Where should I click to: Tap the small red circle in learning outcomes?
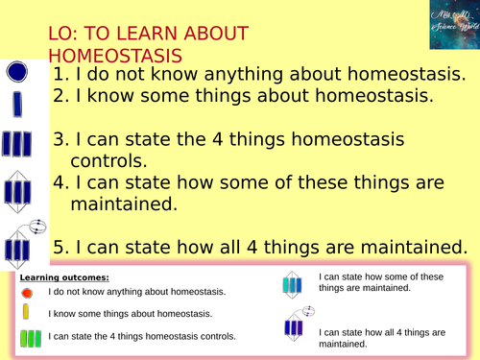[27, 292]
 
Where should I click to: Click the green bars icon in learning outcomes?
[29, 336]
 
